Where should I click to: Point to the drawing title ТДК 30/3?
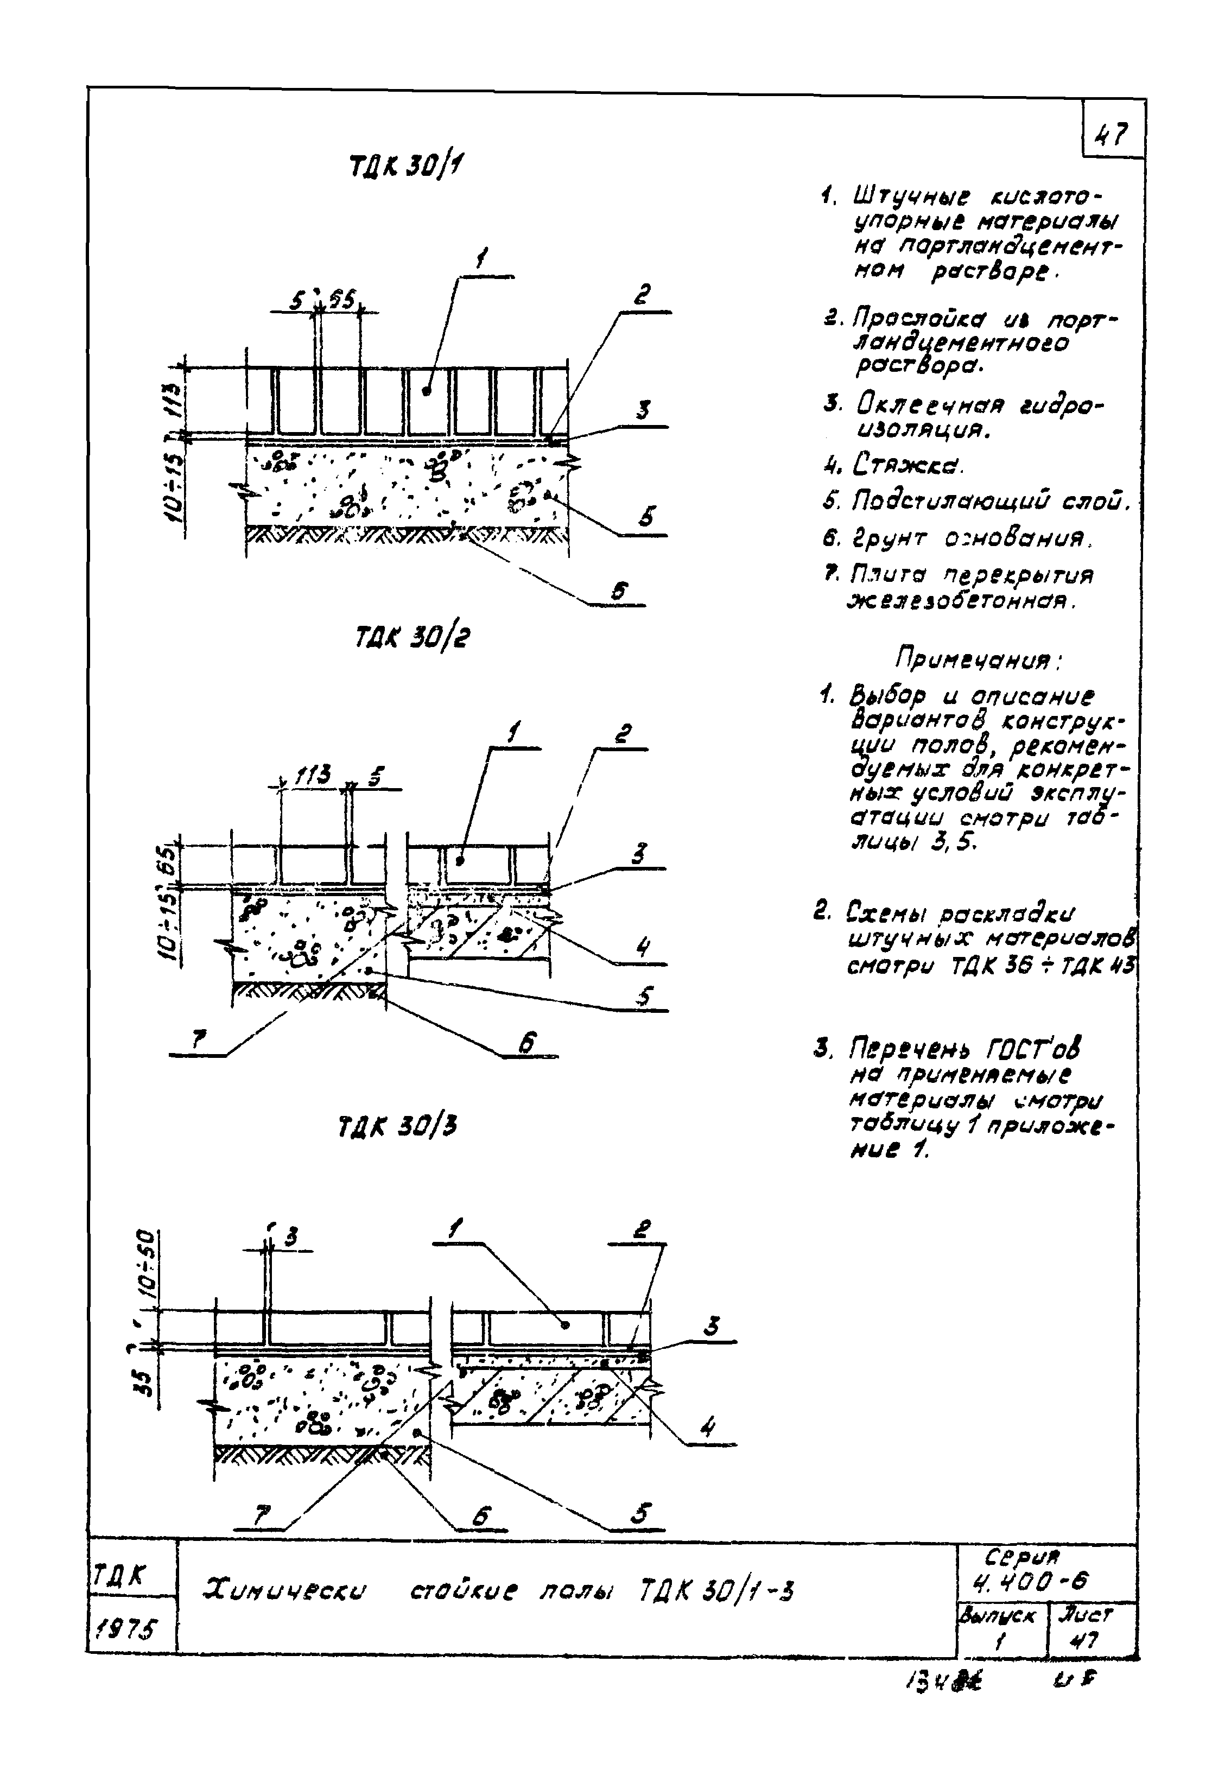398,1127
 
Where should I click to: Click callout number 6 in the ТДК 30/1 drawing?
619,591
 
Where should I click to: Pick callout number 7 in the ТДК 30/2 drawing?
199,1041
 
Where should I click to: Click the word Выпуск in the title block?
997,1614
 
